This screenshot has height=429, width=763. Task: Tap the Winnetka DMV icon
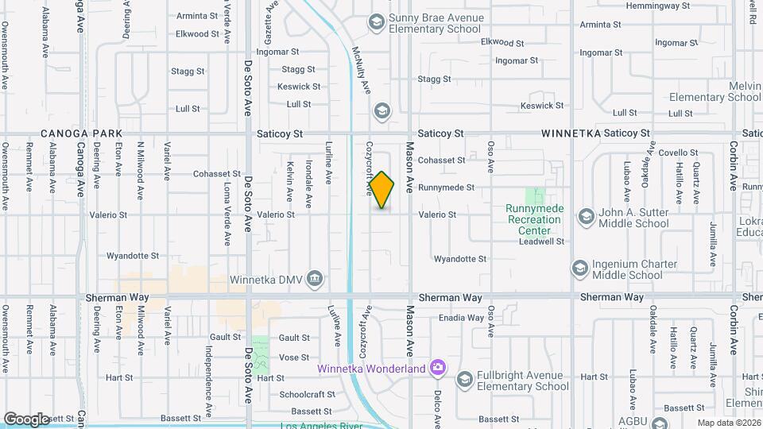(x=316, y=278)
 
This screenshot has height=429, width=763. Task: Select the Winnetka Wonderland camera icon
(x=436, y=367)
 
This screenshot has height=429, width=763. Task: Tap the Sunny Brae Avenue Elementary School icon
(x=376, y=21)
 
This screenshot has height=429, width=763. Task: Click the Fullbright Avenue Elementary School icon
(x=465, y=380)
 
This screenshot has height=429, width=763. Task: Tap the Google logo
(x=26, y=419)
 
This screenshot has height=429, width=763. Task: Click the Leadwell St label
(x=544, y=241)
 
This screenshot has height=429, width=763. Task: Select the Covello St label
(x=677, y=153)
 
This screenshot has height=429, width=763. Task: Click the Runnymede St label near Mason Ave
(x=446, y=187)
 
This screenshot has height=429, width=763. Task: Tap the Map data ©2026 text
(x=727, y=423)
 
